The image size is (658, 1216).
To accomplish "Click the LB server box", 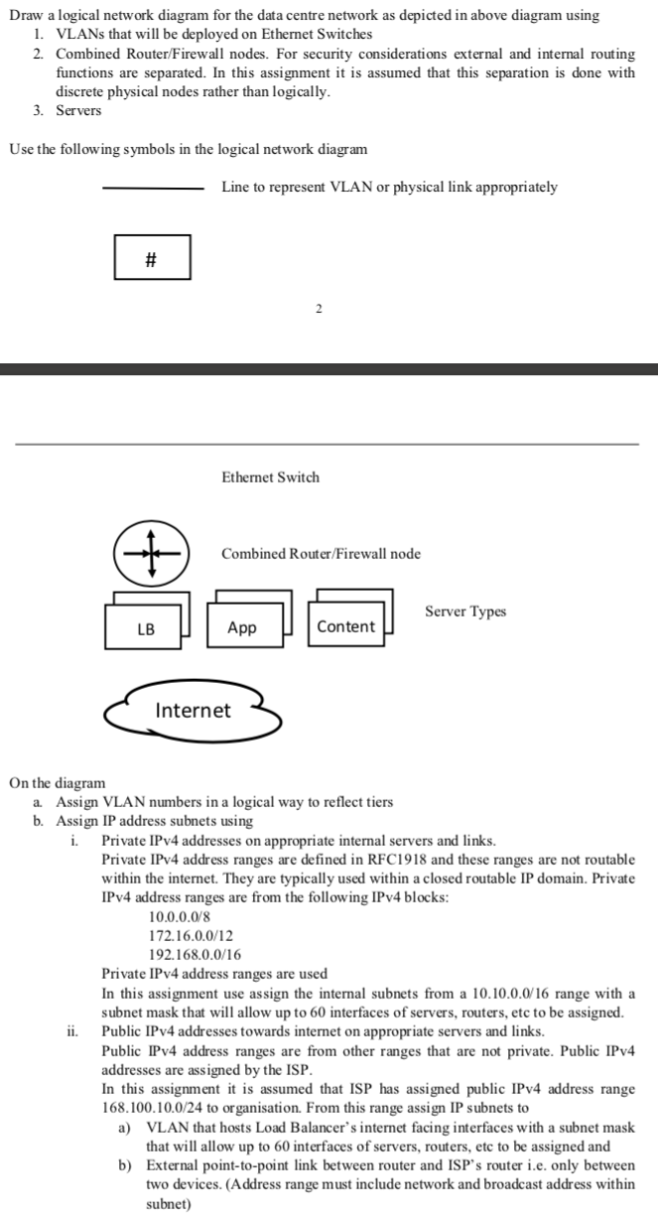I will click(x=145, y=627).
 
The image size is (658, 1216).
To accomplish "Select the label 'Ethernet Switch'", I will click(x=270, y=477).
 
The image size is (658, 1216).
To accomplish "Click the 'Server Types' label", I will click(x=464, y=611).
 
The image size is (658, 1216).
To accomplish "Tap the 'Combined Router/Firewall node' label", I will click(x=321, y=553).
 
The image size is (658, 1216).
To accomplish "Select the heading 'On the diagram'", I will click(x=57, y=783).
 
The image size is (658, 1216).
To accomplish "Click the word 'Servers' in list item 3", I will click(x=78, y=110).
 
